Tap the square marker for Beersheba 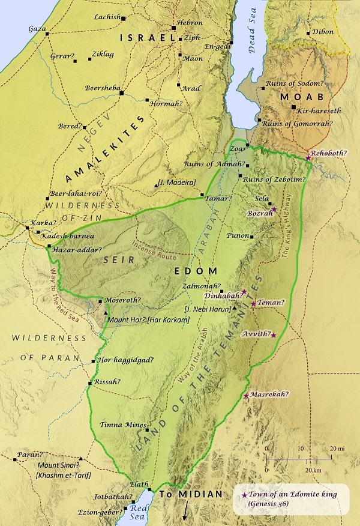click(121, 93)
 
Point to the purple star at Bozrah click(274, 209)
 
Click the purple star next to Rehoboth click(308, 157)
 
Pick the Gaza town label click(37, 28)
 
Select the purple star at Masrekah click(246, 395)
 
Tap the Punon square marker click(251, 237)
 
